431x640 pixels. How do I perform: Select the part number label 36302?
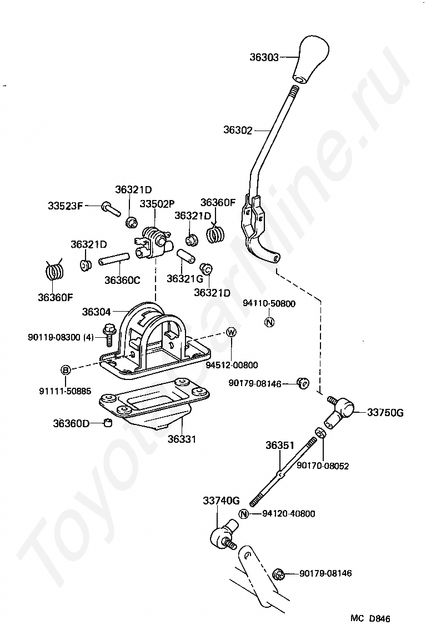(x=238, y=131)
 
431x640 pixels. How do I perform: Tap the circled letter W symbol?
(x=231, y=332)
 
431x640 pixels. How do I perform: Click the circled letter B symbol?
(x=66, y=370)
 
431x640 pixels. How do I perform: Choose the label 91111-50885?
(x=65, y=391)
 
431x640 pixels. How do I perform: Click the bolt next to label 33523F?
(x=111, y=209)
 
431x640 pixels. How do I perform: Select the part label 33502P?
(x=157, y=204)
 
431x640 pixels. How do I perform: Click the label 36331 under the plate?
(x=182, y=439)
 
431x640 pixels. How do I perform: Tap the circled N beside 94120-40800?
(x=244, y=513)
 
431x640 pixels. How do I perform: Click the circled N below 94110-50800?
(x=269, y=322)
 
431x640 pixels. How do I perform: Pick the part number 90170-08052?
(x=322, y=466)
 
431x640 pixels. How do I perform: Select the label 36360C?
(x=122, y=280)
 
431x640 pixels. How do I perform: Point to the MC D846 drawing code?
(x=370, y=618)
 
